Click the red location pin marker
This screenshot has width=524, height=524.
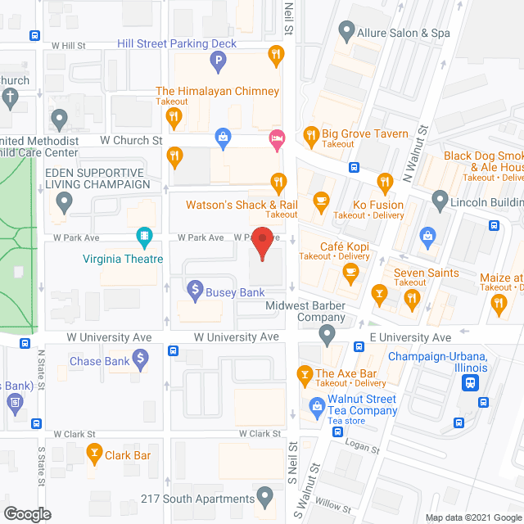pyautogui.click(x=261, y=244)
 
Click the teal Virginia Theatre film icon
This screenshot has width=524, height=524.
pyautogui.click(x=145, y=238)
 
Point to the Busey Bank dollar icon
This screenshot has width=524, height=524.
pyautogui.click(x=195, y=288)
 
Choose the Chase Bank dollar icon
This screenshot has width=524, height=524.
pyautogui.click(x=141, y=358)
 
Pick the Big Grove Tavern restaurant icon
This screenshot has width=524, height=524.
pyautogui.click(x=310, y=134)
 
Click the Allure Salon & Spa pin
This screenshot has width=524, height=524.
pyautogui.click(x=346, y=32)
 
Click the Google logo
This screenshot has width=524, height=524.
pyautogui.click(x=26, y=513)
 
